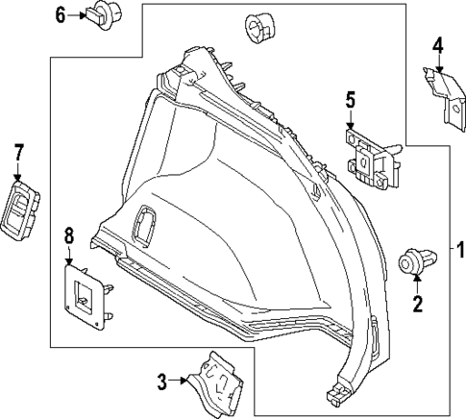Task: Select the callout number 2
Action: tap(417, 307)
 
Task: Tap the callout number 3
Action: tap(162, 382)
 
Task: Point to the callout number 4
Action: tap(438, 44)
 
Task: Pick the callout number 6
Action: tap(60, 14)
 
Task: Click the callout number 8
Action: tap(68, 234)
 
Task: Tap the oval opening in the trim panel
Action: tap(146, 223)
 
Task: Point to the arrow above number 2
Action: tap(417, 284)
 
